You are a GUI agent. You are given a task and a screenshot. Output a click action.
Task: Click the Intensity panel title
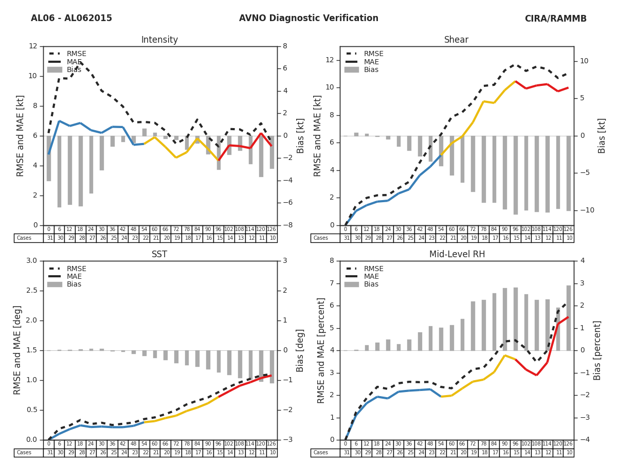[159, 40]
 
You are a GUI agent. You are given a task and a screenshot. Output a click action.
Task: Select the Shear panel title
[457, 40]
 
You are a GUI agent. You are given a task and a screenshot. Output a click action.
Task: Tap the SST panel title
[159, 255]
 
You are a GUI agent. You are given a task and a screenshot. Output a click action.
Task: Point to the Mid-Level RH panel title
[457, 255]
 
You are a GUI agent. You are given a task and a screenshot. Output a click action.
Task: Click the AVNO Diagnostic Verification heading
[308, 19]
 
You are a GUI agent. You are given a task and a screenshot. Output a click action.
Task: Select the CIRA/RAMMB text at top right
[555, 19]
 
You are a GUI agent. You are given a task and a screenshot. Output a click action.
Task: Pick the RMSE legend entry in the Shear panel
[373, 54]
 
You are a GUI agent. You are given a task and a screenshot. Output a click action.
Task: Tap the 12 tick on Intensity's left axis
[33, 46]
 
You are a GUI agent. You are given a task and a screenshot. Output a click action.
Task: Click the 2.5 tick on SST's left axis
[30, 291]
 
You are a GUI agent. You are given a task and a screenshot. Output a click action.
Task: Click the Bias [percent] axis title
[597, 350]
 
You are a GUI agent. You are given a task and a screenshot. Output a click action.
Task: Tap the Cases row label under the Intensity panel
[24, 238]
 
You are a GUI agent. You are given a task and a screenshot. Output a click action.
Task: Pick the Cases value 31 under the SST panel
[49, 453]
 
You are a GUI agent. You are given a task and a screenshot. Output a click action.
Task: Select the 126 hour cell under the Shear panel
[568, 229]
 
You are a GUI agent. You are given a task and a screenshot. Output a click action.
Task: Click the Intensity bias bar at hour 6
[60, 171]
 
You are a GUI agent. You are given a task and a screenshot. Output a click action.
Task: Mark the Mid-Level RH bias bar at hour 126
[569, 318]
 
